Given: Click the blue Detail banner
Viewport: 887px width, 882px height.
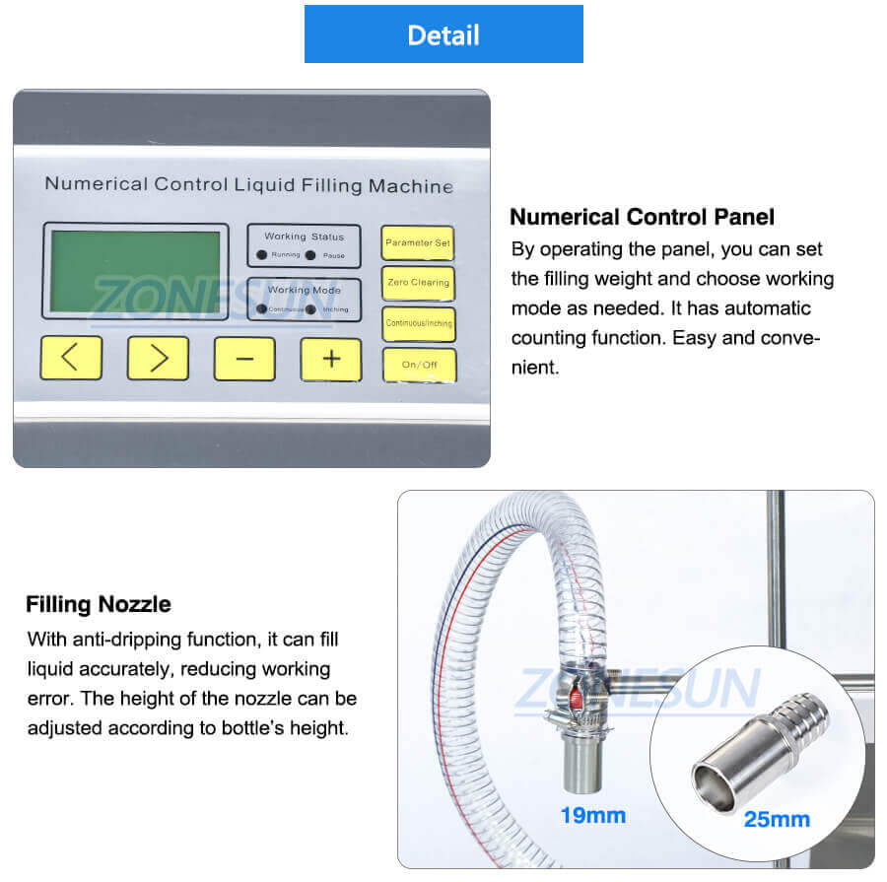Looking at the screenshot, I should (x=443, y=34).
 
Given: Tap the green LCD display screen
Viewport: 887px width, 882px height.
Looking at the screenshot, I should (x=135, y=271).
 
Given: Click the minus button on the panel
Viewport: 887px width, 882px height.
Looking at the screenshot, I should (x=244, y=359).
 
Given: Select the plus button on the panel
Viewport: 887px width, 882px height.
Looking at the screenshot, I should (x=331, y=359).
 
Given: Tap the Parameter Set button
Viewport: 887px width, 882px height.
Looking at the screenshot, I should (x=419, y=242).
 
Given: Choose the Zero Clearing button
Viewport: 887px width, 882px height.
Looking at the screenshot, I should (x=419, y=283).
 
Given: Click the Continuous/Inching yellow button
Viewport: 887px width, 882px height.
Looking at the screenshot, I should (x=419, y=323).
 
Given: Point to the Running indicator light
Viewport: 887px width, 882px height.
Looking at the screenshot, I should (x=262, y=255).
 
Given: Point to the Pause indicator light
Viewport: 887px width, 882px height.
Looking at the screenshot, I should (x=310, y=255).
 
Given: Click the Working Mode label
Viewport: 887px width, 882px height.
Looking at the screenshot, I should (x=304, y=290).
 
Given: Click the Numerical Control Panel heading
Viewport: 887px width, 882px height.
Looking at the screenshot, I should (x=642, y=217).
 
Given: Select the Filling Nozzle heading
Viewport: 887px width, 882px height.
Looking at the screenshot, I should (x=99, y=604).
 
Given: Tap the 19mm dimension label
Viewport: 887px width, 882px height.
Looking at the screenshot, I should (x=592, y=816).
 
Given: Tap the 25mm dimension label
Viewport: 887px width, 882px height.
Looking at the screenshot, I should (x=778, y=819).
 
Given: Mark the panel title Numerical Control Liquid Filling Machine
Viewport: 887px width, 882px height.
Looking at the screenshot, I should (x=249, y=184).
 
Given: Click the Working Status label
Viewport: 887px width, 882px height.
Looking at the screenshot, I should (x=304, y=237).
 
